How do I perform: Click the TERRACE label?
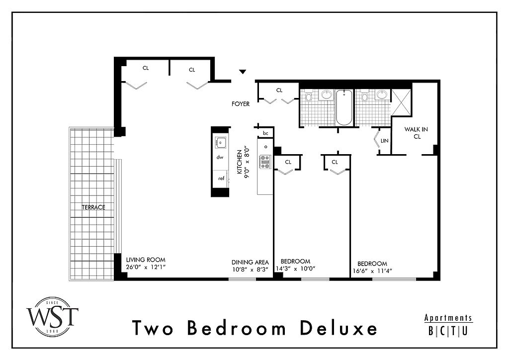93,207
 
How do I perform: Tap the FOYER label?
241,104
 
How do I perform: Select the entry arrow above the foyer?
243,72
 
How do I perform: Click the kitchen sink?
221,142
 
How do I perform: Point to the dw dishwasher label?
220,158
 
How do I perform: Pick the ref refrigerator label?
221,178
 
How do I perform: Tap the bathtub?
344,107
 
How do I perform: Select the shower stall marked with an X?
401,102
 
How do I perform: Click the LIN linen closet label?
384,141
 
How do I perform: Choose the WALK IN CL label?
416,133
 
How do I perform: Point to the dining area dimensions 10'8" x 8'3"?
250,269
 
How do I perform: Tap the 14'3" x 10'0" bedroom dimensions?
295,269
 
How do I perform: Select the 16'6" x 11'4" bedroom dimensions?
372,270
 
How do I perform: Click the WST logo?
52,317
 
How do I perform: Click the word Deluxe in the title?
339,328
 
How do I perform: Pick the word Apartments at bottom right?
448,318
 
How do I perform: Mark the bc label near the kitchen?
265,133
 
